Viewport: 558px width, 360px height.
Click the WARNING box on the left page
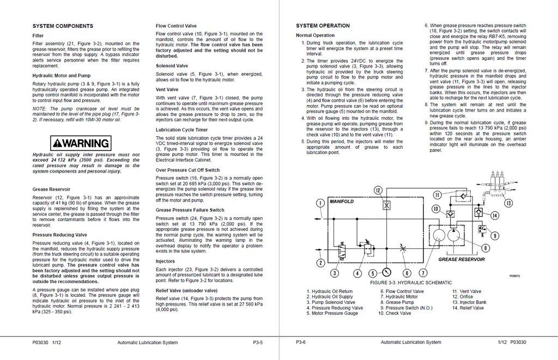(80, 143)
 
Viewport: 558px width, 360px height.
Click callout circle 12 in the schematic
(378, 190)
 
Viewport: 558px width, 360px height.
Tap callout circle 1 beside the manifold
(320, 203)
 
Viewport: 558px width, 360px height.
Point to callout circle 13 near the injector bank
(508, 204)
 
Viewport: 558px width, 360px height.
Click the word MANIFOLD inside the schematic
(342, 202)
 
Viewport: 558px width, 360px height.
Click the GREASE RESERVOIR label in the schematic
(462, 260)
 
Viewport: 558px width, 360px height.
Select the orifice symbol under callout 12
(386, 206)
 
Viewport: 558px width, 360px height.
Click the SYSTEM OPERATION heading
(323, 26)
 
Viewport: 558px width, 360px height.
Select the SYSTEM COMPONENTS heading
(63, 26)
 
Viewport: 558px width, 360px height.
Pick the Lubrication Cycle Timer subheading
(181, 130)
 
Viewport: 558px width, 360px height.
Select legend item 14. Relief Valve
(468, 308)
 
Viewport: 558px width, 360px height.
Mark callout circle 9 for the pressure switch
(494, 236)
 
